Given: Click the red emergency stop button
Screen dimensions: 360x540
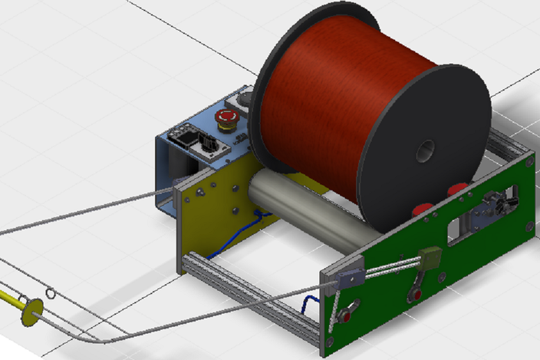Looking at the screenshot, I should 227,118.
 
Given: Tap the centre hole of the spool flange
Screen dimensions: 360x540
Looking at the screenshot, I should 424,152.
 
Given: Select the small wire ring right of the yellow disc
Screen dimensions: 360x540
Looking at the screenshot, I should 51,293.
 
